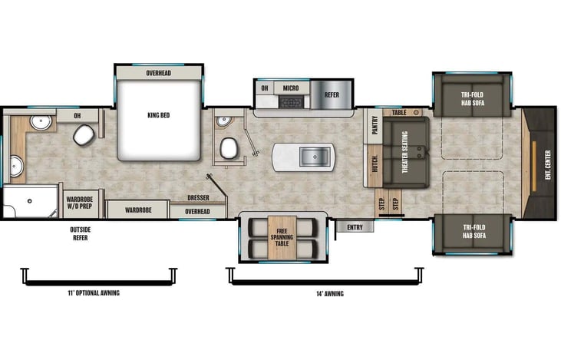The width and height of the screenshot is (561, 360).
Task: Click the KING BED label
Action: [x=159, y=115]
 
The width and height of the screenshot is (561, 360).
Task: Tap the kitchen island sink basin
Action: [x=315, y=157]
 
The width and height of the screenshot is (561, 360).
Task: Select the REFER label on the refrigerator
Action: [x=332, y=95]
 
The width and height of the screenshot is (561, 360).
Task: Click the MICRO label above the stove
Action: [x=291, y=88]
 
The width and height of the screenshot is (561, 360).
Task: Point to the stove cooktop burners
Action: [x=291, y=102]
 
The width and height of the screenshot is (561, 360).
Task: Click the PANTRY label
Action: [x=375, y=125]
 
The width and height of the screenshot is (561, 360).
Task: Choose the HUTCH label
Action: [x=375, y=164]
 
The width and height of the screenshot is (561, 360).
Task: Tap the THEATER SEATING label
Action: [x=405, y=152]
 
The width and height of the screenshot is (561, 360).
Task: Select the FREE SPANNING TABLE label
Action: [x=282, y=237]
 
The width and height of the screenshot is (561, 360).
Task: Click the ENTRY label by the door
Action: [x=355, y=227]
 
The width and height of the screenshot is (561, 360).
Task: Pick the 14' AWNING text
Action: [x=330, y=294]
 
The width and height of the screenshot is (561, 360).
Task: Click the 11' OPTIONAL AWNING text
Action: [x=94, y=293]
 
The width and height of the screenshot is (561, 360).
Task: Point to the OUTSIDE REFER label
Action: [x=81, y=233]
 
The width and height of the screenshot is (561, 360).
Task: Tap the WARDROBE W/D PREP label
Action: [x=79, y=203]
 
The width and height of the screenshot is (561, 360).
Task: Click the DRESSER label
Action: [x=198, y=198]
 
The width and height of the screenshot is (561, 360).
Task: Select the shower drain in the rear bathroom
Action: [x=30, y=201]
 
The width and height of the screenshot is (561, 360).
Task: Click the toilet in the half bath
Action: [x=229, y=148]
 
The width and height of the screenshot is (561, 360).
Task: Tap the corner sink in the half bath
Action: [x=223, y=122]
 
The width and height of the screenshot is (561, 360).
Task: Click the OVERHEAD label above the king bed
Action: [x=159, y=73]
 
